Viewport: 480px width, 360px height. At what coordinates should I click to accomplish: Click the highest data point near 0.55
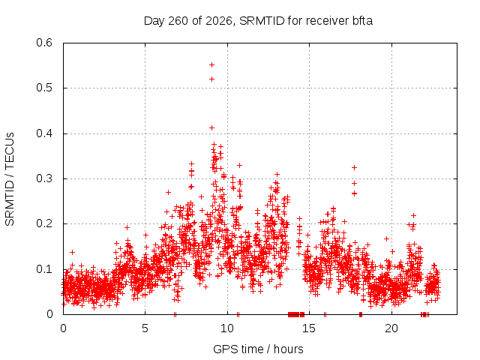click(211, 65)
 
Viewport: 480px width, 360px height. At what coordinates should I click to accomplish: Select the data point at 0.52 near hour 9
click(211, 79)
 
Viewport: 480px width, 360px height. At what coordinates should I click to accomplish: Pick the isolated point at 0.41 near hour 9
click(211, 128)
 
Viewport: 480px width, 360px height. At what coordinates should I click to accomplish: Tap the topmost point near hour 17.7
click(355, 168)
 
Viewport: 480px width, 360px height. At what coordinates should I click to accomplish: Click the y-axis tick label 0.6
click(44, 43)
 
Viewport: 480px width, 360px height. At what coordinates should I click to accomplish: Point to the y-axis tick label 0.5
click(44, 88)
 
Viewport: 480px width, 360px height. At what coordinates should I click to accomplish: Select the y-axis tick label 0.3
click(44, 178)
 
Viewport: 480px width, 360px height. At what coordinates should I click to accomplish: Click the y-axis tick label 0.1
click(44, 269)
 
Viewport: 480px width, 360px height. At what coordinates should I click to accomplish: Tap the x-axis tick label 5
click(145, 328)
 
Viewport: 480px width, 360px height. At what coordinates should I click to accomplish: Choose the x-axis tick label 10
click(227, 328)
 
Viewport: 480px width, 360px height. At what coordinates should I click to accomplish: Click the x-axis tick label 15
click(309, 328)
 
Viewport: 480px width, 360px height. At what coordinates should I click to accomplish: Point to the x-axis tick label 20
click(391, 328)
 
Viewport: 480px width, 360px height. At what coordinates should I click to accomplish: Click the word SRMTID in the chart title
click(262, 21)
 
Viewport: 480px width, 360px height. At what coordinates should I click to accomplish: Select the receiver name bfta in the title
click(362, 21)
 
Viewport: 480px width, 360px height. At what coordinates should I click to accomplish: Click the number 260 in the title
click(178, 21)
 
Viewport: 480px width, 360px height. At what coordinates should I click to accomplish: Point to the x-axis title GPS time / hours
click(258, 349)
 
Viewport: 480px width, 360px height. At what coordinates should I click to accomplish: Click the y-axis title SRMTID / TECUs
click(10, 179)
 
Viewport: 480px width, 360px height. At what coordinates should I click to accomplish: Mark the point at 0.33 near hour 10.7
click(240, 165)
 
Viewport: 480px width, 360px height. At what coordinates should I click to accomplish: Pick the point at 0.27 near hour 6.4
click(168, 192)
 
